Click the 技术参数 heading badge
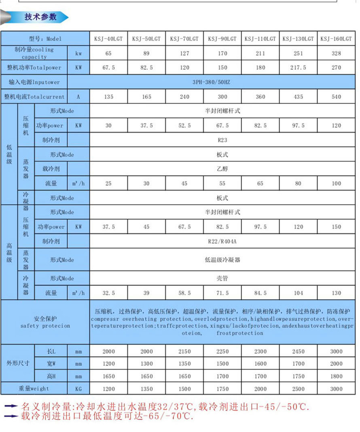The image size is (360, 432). click(40, 17)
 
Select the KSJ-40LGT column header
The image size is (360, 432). click(108, 39)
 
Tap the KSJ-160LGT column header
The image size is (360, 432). click(336, 39)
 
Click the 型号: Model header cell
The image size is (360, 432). click(45, 39)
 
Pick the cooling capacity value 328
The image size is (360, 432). click(336, 53)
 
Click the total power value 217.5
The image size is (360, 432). click(298, 68)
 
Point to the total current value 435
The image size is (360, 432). click(298, 97)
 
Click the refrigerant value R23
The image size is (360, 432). click(222, 140)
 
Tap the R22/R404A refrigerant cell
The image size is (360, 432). click(222, 241)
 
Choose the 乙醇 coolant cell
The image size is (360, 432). click(222, 169)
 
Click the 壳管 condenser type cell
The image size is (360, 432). click(222, 279)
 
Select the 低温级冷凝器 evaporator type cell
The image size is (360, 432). click(222, 260)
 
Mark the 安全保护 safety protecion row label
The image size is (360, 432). click(45, 322)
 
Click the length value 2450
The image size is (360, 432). click(298, 351)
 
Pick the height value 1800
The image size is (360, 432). click(336, 376)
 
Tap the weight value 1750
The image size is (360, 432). click(222, 389)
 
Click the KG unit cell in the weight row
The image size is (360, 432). click(78, 389)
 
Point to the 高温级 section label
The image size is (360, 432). click(9, 252)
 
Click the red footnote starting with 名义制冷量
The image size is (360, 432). click(166, 406)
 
